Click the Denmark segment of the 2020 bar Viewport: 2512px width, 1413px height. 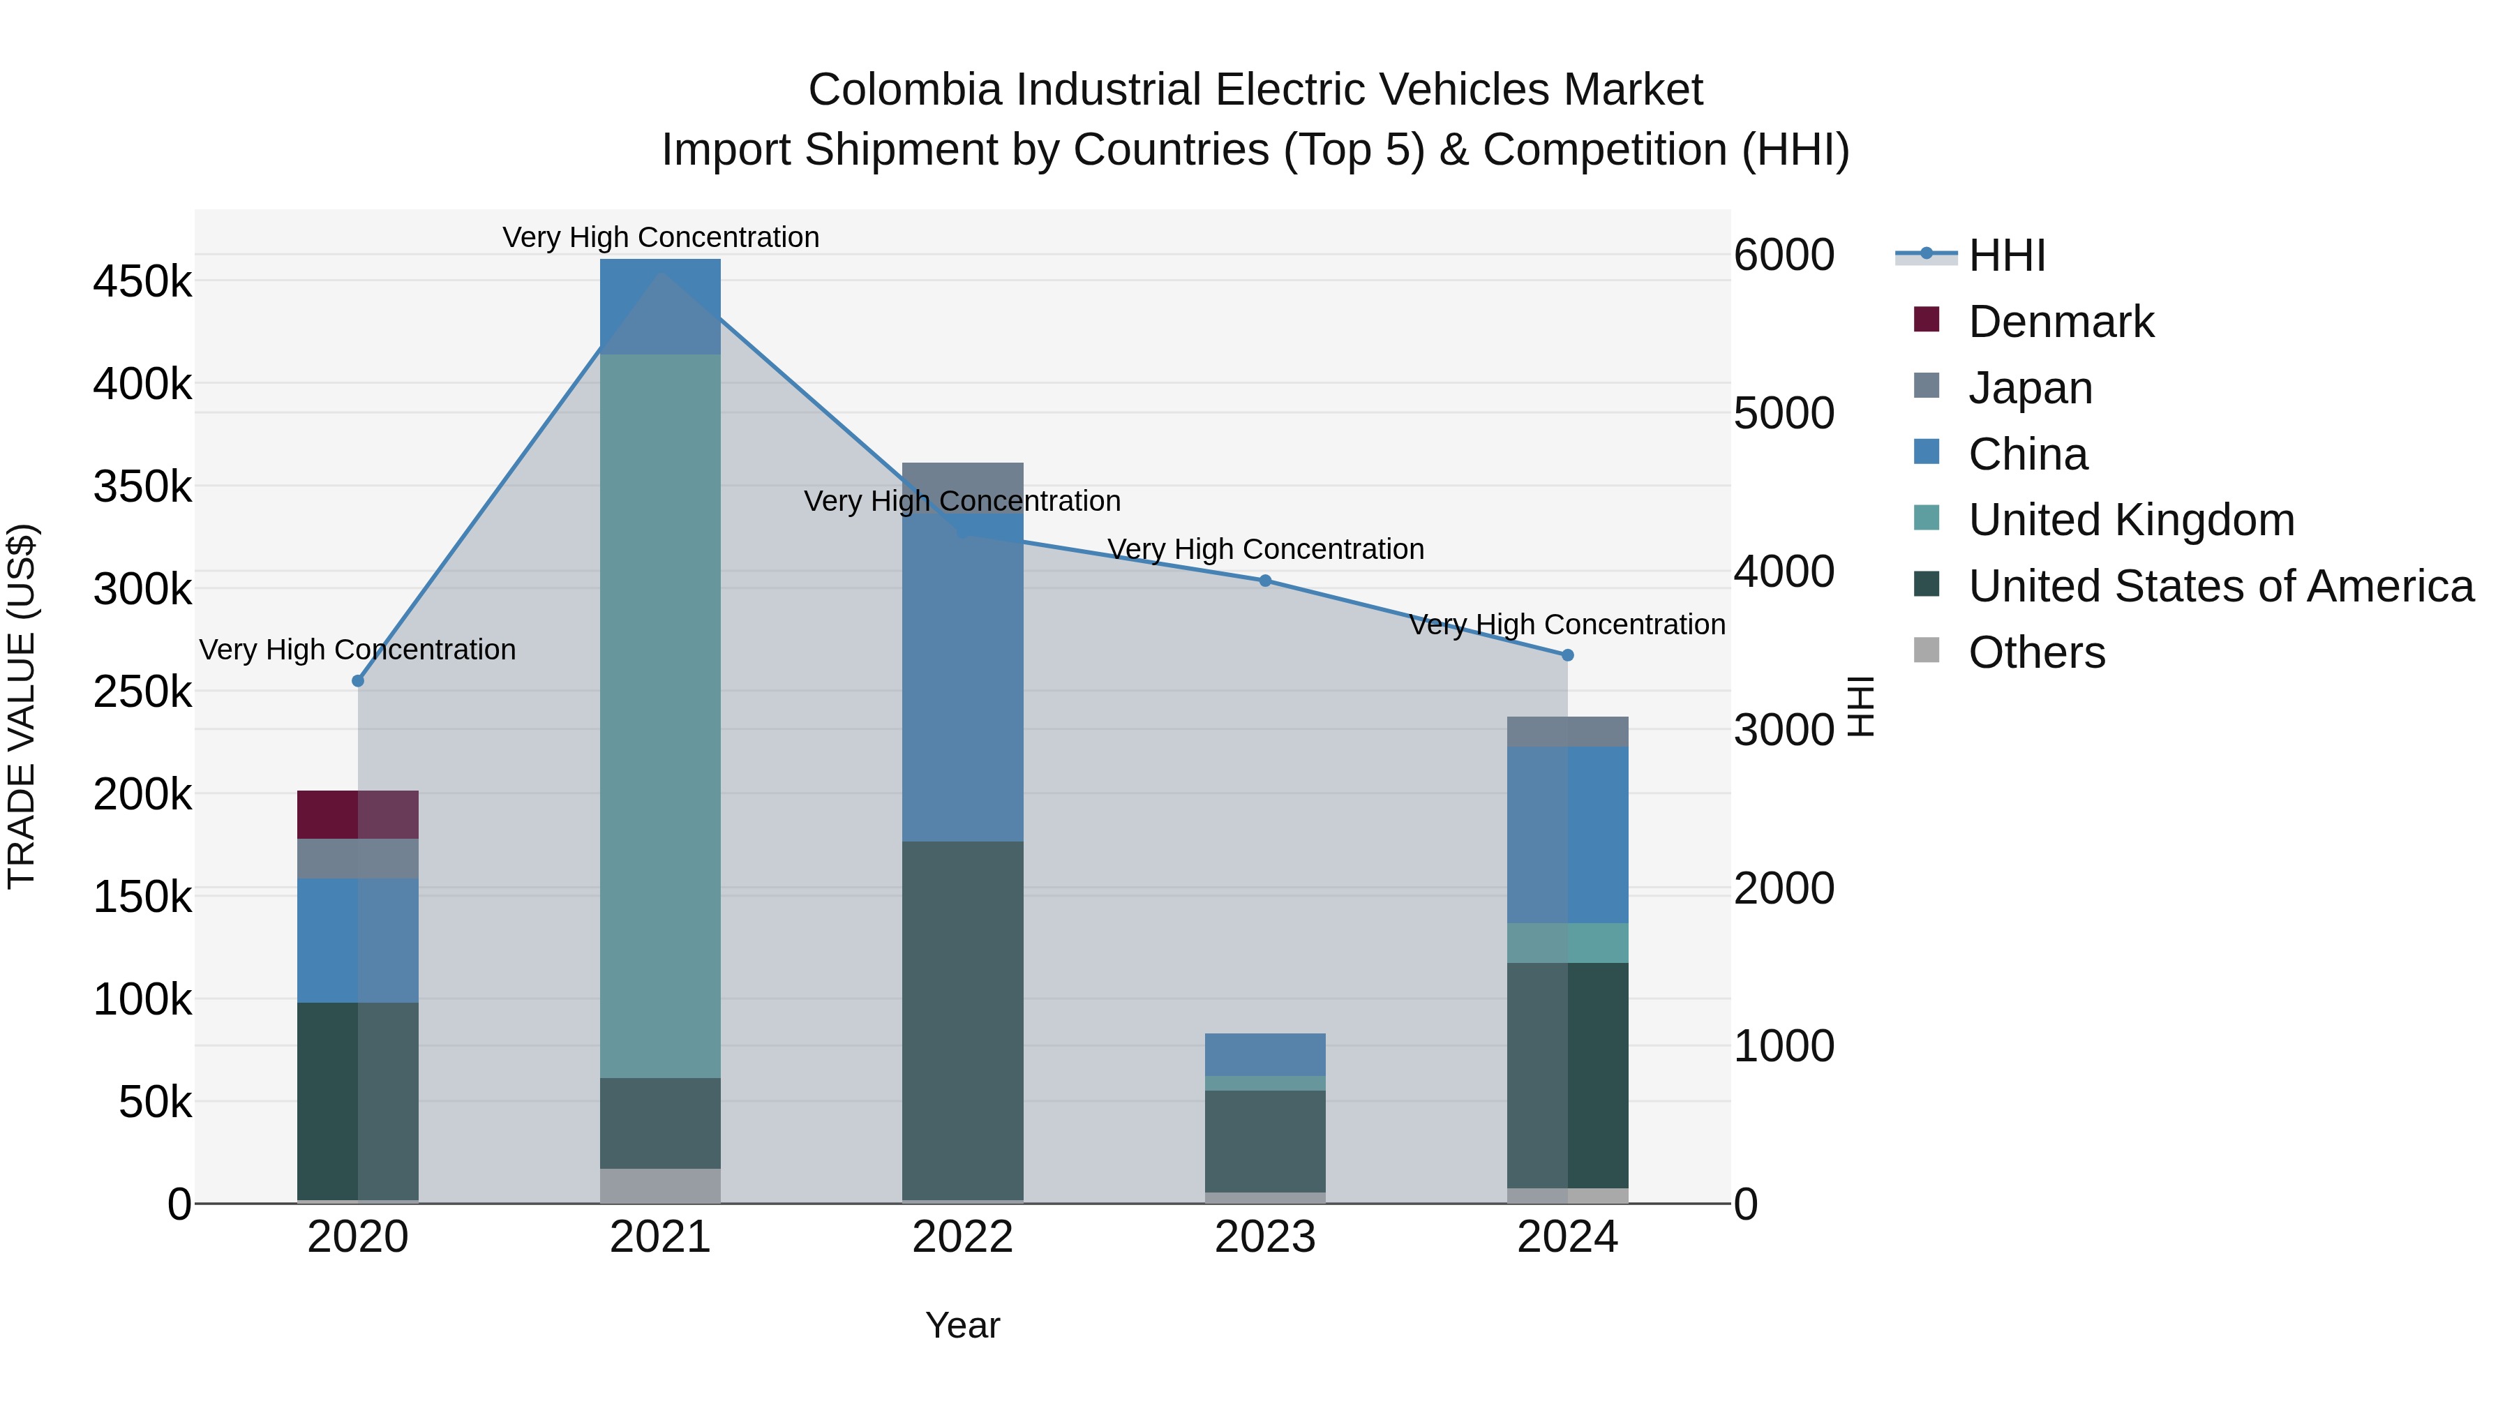(x=357, y=814)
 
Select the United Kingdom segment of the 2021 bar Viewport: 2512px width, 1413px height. (x=660, y=716)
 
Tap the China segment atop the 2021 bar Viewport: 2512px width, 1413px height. (x=660, y=306)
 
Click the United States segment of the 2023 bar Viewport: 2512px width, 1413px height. (x=1265, y=1141)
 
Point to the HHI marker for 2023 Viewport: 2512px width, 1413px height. (x=1265, y=581)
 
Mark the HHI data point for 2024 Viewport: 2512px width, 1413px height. (x=1567, y=655)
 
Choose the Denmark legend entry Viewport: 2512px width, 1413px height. (x=2060, y=322)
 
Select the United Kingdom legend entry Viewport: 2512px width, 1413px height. (x=2131, y=520)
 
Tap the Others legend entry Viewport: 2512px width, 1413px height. (x=2036, y=652)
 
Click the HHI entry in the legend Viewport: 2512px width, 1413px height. (x=2006, y=255)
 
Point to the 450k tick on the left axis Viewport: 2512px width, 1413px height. (x=142, y=282)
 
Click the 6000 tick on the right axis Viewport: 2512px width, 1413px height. (x=1784, y=255)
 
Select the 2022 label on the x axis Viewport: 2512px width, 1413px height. (x=962, y=1237)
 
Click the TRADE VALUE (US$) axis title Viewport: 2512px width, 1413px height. (x=22, y=706)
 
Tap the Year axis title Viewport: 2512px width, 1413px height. (x=962, y=1325)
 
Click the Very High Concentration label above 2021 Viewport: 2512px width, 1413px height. (x=660, y=237)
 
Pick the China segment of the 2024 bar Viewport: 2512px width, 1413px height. (x=1567, y=834)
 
